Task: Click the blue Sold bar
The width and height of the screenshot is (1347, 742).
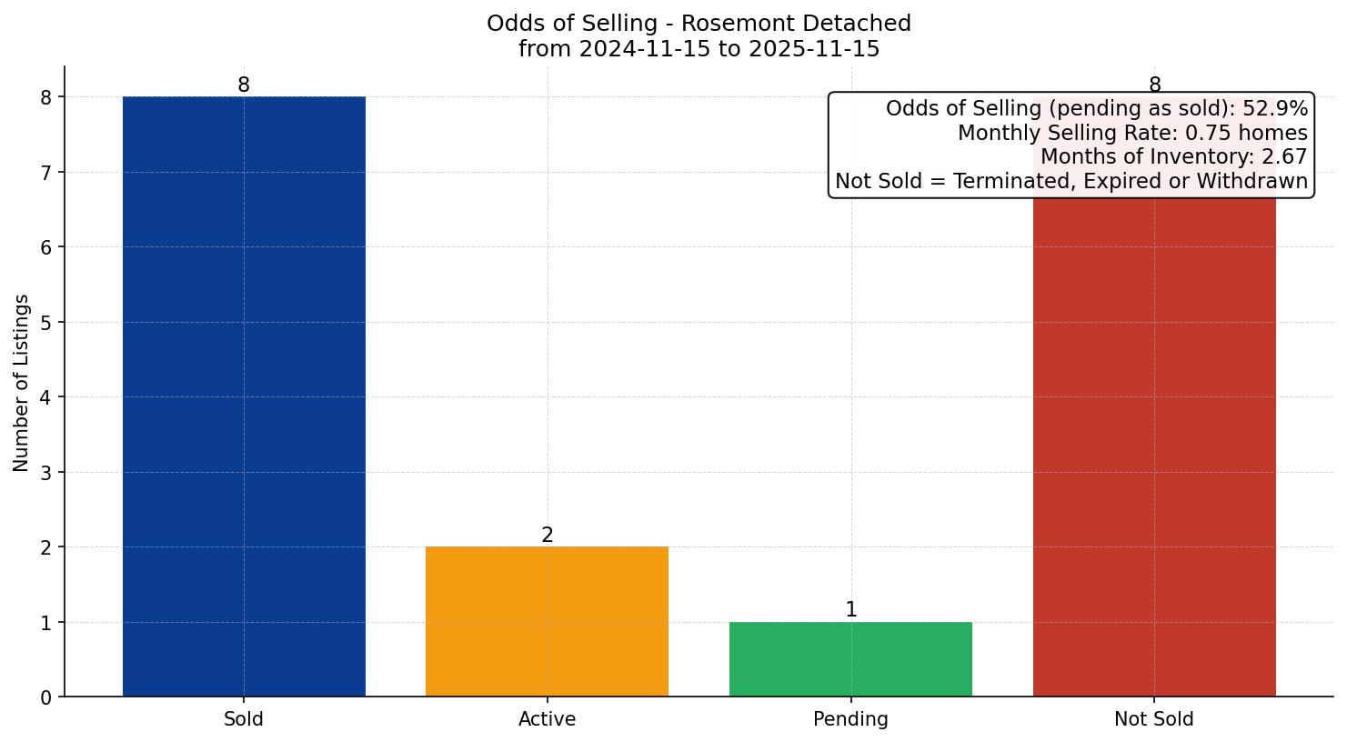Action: (244, 396)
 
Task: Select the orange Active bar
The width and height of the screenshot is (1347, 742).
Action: (547, 621)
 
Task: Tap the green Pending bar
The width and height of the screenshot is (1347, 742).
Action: (850, 659)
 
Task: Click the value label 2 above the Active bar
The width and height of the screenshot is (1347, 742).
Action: (547, 536)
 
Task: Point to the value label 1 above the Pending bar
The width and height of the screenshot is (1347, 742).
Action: (850, 610)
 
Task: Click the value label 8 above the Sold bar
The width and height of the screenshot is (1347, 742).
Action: (244, 85)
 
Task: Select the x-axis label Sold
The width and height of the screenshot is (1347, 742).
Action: (244, 719)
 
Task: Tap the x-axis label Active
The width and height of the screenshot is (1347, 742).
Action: (547, 719)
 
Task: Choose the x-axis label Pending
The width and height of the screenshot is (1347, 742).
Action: (850, 719)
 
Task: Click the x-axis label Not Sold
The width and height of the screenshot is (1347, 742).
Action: (1154, 719)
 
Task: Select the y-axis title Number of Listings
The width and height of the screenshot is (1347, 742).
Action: (22, 382)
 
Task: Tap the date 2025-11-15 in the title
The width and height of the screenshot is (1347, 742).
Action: (814, 49)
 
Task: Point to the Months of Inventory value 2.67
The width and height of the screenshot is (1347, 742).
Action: (1284, 157)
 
